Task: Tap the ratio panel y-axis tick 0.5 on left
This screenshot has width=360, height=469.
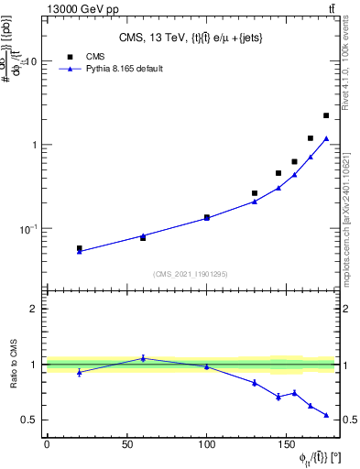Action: tap(30, 420)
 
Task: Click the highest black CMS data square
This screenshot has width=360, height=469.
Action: tap(326, 115)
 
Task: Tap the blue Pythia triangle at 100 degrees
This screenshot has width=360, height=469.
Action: tap(207, 218)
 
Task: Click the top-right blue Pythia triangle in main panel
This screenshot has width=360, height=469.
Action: tap(326, 138)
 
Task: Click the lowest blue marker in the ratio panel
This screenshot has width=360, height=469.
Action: tap(326, 415)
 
